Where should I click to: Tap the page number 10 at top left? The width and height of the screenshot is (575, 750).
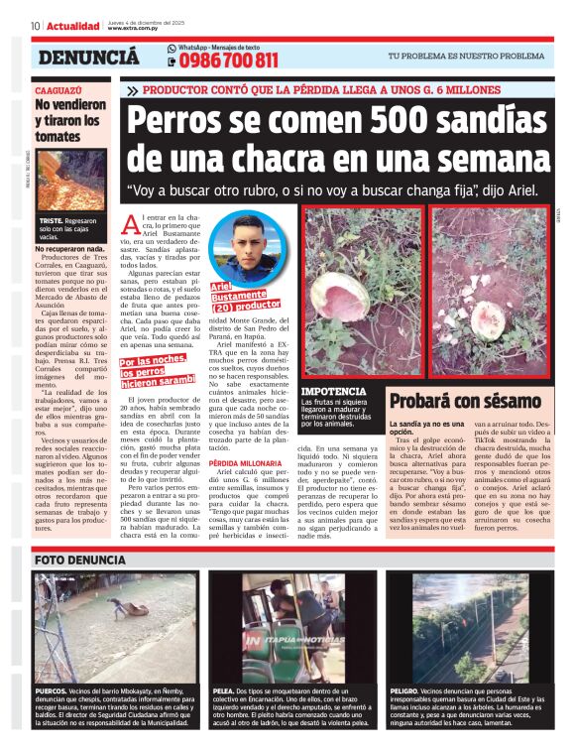(x=35, y=26)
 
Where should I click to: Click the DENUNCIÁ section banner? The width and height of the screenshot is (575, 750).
(x=88, y=58)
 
